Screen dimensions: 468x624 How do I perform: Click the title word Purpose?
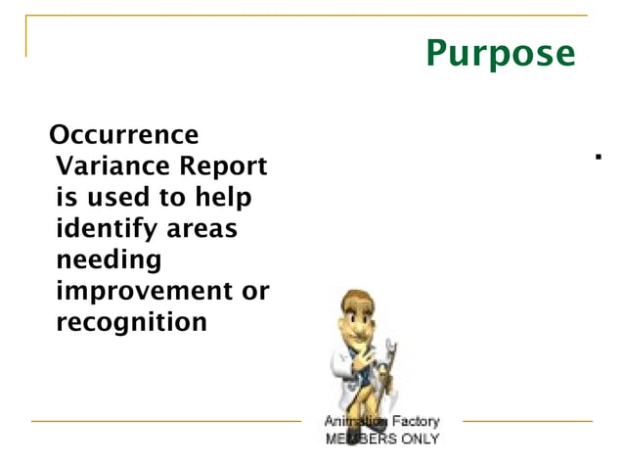500,53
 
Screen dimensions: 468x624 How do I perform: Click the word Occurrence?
123,134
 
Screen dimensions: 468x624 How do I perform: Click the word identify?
106,229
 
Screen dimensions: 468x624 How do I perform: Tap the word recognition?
132,322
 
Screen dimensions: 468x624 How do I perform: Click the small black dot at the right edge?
597,156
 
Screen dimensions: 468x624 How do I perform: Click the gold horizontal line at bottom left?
166,421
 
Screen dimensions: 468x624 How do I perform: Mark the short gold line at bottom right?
527,421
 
